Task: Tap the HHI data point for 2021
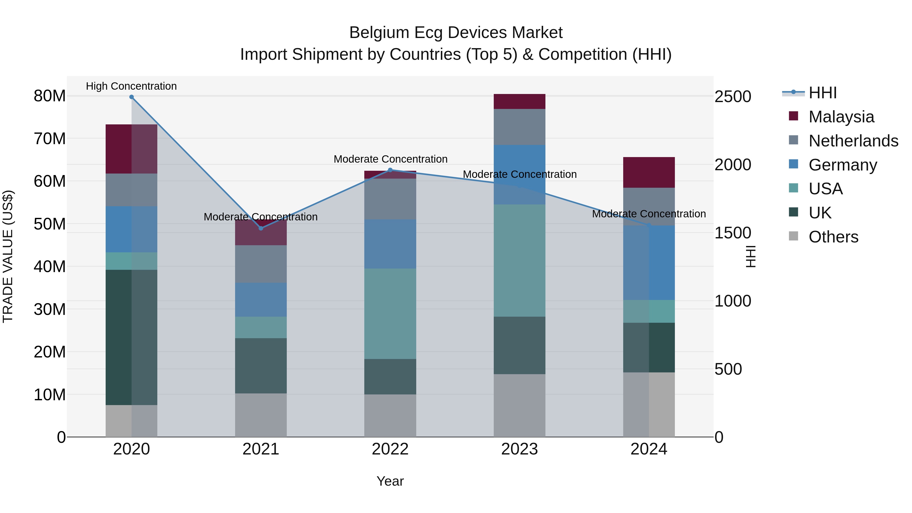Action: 261,228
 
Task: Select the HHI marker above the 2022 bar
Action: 390,170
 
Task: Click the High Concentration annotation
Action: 131,86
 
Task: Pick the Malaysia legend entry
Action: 841,117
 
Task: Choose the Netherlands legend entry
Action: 853,141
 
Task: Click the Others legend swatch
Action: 793,236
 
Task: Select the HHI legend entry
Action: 822,93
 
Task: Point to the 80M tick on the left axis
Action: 50,96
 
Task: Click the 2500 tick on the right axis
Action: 732,97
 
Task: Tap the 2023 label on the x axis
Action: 519,449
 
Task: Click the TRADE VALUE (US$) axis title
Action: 8,256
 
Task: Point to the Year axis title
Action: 390,481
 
